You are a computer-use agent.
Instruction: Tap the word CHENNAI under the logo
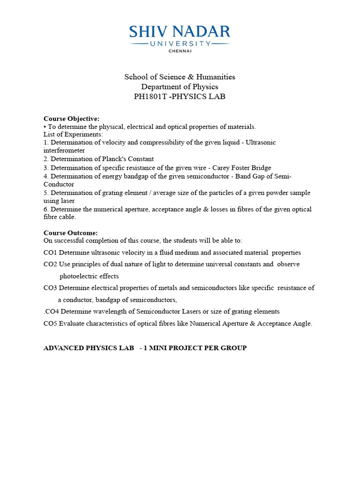click(180, 51)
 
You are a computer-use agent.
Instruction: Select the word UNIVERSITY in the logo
click(180, 43)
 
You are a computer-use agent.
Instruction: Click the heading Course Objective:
click(71, 119)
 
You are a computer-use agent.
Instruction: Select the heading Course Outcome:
click(71, 233)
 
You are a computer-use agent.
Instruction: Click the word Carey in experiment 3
click(222, 167)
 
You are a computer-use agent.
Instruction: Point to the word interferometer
click(64, 150)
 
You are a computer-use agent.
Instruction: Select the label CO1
click(50, 253)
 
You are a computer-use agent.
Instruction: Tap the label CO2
click(50, 264)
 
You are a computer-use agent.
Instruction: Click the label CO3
click(50, 288)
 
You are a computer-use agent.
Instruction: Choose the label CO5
click(50, 323)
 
